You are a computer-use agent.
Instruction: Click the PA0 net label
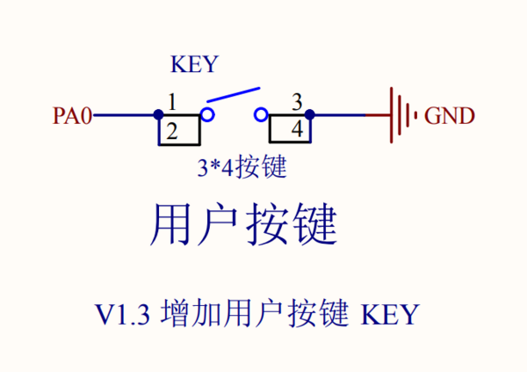72,115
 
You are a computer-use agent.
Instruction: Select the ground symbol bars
400,114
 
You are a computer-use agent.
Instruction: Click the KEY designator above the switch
193,65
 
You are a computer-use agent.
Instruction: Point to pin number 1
172,102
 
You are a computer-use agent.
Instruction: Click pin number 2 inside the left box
172,132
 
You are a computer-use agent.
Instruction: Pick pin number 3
297,102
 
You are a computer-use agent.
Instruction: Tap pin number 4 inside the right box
297,130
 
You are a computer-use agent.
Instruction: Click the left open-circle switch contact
207,114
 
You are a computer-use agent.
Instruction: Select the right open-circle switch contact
260,114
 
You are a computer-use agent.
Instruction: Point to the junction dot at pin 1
158,114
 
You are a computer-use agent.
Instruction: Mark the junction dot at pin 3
310,114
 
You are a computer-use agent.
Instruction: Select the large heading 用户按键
244,225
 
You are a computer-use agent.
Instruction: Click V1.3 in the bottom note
126,314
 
